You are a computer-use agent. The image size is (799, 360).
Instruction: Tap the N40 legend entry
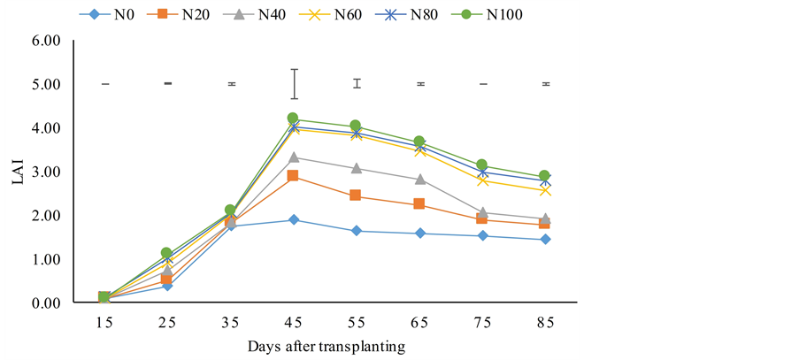[x=269, y=15]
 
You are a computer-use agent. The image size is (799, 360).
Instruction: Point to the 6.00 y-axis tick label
[x=45, y=41]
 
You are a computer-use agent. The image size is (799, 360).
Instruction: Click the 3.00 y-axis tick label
[x=45, y=172]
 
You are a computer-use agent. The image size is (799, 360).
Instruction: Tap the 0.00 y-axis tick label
[x=45, y=303]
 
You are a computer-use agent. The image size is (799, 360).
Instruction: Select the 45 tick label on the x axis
[x=294, y=324]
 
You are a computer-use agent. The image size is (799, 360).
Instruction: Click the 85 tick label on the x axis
[x=545, y=324]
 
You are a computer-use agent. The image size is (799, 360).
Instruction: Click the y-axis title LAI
[x=18, y=172]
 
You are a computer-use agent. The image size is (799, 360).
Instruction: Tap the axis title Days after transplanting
[x=326, y=347]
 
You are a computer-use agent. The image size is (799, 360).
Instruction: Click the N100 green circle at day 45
[x=293, y=119]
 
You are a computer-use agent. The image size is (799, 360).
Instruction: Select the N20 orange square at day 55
[x=356, y=195]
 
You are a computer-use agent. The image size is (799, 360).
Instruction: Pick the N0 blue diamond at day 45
[x=293, y=220]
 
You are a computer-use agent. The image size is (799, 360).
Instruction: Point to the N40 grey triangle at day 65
[x=419, y=179]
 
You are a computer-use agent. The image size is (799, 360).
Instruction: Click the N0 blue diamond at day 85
[x=545, y=240]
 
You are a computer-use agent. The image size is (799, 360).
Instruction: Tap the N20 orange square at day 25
[x=166, y=280]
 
